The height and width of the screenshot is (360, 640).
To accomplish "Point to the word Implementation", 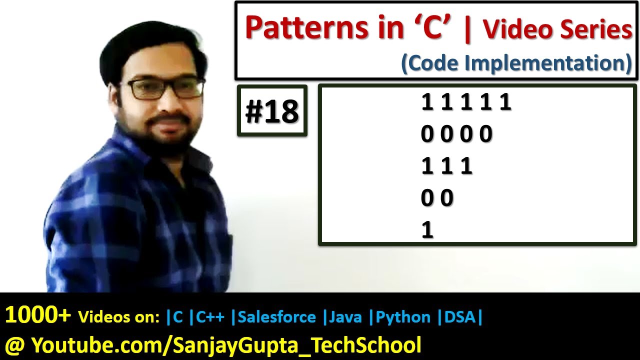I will (550, 63).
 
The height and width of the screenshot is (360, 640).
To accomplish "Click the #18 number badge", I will (272, 111).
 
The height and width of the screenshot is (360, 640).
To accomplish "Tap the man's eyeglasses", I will (165, 89).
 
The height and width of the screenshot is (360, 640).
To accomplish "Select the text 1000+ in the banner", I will (38, 316).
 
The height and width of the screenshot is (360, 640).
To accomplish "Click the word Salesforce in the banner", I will (277, 317).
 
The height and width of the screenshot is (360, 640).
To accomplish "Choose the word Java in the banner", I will (344, 317).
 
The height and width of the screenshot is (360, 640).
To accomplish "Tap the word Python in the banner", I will (403, 317).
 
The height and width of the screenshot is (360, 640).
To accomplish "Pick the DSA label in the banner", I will (459, 317).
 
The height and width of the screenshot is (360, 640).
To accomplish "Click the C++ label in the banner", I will (210, 317).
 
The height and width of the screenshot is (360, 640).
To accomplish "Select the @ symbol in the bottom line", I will (14, 345).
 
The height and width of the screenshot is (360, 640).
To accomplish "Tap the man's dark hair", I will (150, 47).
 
